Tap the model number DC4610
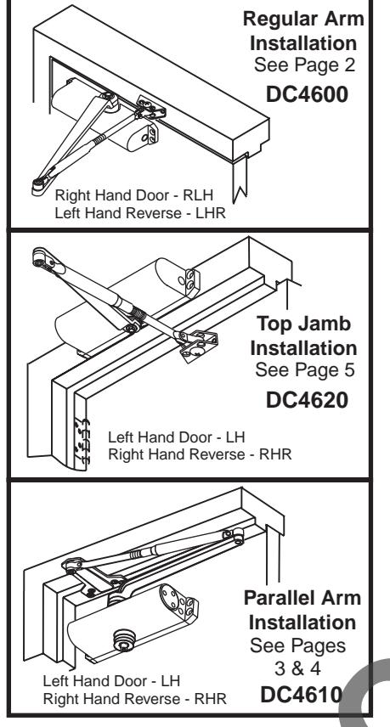pos(311,694)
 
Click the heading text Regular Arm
pos(322,17)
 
